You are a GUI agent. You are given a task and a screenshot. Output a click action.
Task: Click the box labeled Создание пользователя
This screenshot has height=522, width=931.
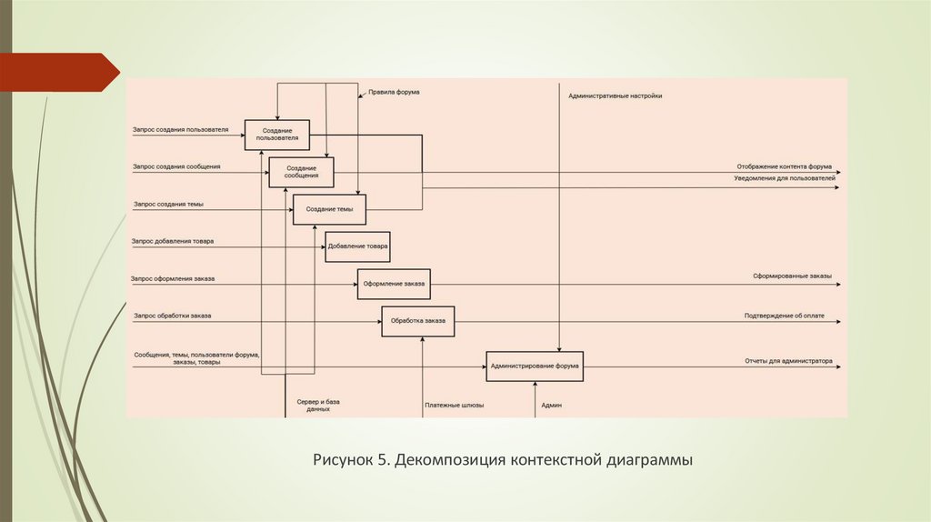point(276,136)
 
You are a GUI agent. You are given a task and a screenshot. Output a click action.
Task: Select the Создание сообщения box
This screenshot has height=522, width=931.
point(301,172)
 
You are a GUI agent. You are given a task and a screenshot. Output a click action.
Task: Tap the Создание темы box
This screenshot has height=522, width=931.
point(329,210)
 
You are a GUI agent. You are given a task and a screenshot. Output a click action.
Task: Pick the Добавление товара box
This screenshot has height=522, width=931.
point(357,246)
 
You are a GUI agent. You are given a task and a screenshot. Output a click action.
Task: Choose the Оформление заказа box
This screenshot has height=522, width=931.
point(394,284)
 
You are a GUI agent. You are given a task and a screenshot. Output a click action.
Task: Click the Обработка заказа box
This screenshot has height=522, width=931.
point(417,321)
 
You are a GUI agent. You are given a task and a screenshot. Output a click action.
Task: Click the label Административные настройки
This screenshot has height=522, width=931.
point(616,95)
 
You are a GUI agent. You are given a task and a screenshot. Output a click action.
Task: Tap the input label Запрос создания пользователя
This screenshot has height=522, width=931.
point(180,130)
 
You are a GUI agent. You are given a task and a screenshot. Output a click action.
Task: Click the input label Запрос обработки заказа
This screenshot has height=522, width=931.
point(172,316)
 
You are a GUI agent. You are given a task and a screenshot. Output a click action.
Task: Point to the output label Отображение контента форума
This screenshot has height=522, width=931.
point(785,166)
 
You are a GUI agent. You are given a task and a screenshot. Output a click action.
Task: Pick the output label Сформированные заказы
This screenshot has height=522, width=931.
point(792,276)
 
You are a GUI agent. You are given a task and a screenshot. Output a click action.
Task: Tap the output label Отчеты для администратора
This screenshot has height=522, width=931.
point(788,360)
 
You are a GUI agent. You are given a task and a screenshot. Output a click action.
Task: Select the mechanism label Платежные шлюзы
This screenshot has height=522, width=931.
point(454,406)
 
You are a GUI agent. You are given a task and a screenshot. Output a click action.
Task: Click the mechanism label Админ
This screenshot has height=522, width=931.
point(551,406)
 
